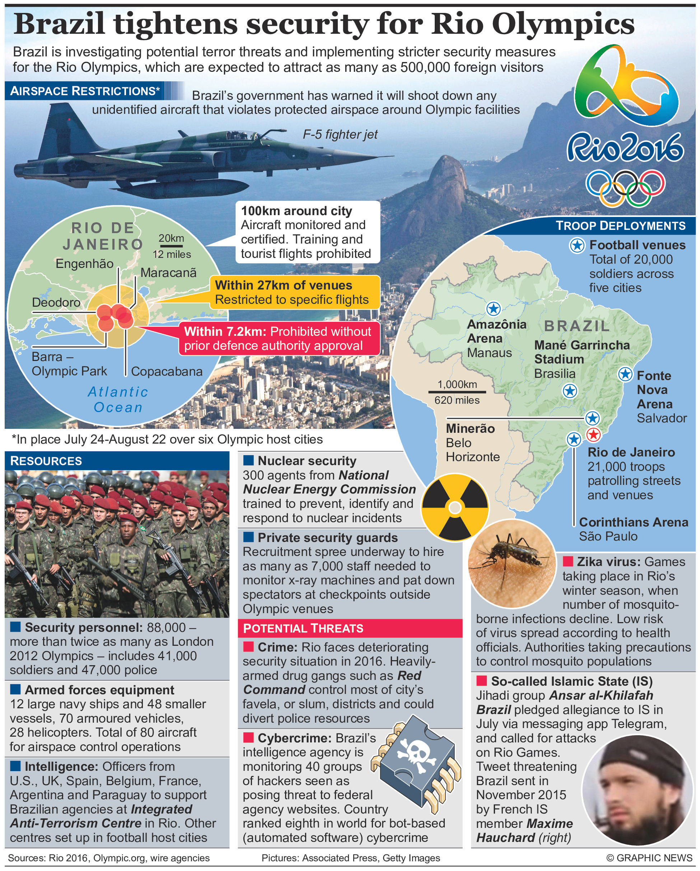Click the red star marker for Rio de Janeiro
(593, 435)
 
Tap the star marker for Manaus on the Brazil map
(493, 309)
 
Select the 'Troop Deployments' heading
(620, 226)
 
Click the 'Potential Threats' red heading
(303, 628)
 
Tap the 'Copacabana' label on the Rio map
(166, 371)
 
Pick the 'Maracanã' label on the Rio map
(168, 273)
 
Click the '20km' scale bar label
(171, 238)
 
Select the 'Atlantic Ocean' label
(118, 399)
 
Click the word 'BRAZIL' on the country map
(577, 326)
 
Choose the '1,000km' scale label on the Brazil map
(457, 384)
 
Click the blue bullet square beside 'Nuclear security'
(248, 460)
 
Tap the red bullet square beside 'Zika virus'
(568, 561)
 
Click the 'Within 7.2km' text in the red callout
(225, 331)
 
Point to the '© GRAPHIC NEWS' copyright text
(649, 858)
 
